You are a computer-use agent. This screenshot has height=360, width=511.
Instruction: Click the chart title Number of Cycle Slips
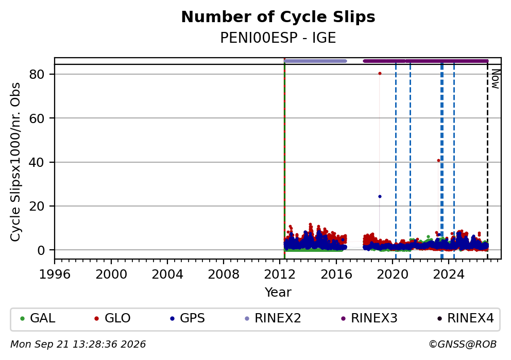[278, 17]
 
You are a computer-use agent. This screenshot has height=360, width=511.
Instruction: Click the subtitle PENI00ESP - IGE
[278, 38]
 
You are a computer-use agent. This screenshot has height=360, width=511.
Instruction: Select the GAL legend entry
[38, 318]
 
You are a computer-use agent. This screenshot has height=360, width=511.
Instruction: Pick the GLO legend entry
[112, 318]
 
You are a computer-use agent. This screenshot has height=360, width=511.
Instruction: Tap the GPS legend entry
[188, 318]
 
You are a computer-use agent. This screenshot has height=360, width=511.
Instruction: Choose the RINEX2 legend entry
[273, 318]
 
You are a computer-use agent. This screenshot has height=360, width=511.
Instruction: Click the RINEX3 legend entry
[369, 318]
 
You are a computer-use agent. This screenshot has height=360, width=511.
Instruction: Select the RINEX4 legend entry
[466, 318]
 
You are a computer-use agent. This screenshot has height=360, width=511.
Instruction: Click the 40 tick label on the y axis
[37, 162]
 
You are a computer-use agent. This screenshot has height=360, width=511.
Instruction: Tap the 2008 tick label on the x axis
[224, 275]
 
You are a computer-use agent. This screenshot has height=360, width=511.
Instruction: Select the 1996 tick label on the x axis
[55, 275]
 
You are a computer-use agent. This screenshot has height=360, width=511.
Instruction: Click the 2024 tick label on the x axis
[449, 275]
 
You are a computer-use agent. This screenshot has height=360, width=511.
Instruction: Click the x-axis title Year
[278, 292]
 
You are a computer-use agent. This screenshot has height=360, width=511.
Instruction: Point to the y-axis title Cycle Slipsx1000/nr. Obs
[15, 162]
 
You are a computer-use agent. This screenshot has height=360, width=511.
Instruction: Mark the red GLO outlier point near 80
[380, 74]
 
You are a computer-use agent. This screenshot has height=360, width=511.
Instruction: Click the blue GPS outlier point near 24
[380, 196]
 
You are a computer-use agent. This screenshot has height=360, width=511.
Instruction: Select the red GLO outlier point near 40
[439, 161]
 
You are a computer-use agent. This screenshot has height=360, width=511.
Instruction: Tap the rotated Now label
[496, 79]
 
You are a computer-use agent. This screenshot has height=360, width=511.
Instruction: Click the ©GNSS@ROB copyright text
[463, 345]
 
